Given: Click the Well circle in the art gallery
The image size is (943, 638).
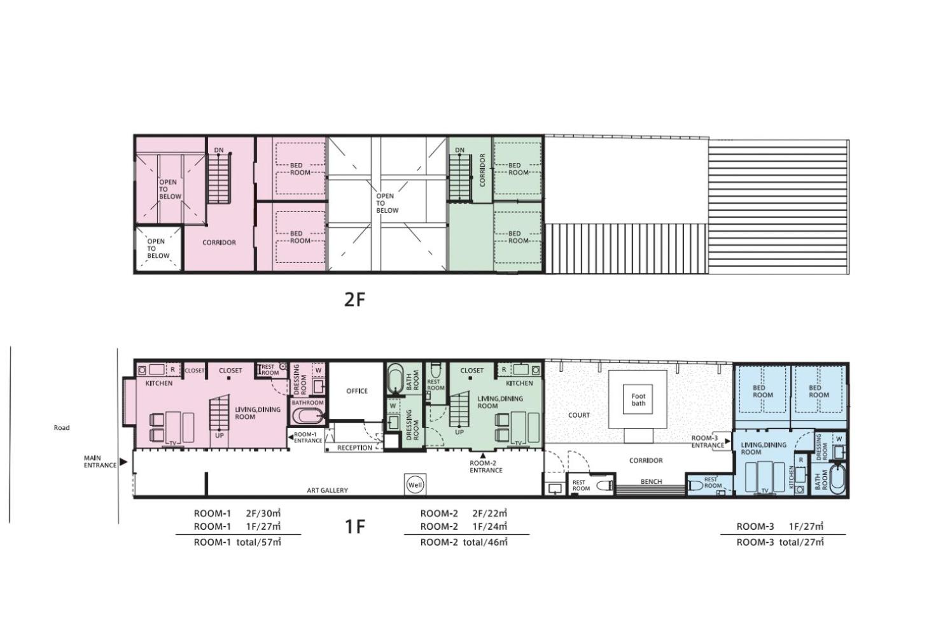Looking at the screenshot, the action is (x=415, y=485).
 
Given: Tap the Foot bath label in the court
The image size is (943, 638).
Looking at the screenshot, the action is (x=638, y=399).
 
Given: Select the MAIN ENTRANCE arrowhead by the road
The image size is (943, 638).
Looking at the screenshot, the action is (x=123, y=462).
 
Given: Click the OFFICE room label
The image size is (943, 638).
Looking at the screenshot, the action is (x=357, y=391).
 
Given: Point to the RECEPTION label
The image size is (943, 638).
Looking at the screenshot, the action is (x=354, y=448).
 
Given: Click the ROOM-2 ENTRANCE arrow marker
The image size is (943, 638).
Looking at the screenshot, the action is (x=483, y=455).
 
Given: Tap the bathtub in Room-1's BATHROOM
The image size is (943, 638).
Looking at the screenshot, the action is (x=308, y=416).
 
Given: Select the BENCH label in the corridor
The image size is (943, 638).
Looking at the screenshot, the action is (x=652, y=481).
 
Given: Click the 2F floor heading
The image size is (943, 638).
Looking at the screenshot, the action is (x=354, y=300).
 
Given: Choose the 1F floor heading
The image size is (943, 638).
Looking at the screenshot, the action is (x=355, y=526).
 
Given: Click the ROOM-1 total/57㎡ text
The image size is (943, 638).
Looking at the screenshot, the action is (x=237, y=542).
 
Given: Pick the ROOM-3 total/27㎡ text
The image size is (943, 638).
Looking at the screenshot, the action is (x=780, y=542).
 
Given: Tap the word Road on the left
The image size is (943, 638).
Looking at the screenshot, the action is (x=62, y=428).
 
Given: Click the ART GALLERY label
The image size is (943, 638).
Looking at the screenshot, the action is (x=327, y=490).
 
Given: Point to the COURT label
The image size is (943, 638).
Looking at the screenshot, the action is (x=579, y=415).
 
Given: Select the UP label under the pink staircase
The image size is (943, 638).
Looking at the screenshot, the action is (x=220, y=436).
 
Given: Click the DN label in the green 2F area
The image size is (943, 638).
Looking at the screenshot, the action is (x=459, y=150).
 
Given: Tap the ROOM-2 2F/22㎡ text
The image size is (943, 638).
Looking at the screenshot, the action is (x=463, y=513).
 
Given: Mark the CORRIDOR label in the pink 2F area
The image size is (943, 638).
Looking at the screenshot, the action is (x=219, y=243).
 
